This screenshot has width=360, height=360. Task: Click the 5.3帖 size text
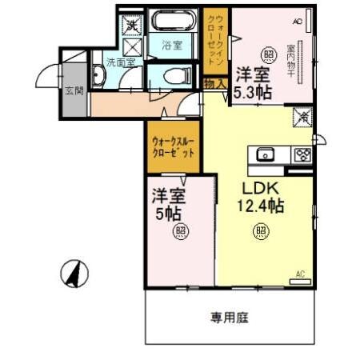pos(254,93)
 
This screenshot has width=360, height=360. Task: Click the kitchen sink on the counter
pos(266,154)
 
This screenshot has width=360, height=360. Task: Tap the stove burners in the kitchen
pos(302,155)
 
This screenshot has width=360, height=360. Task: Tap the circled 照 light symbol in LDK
pos(261,233)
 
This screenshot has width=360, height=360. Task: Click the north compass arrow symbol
pos(73,274)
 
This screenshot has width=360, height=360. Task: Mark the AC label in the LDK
pos(301,274)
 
